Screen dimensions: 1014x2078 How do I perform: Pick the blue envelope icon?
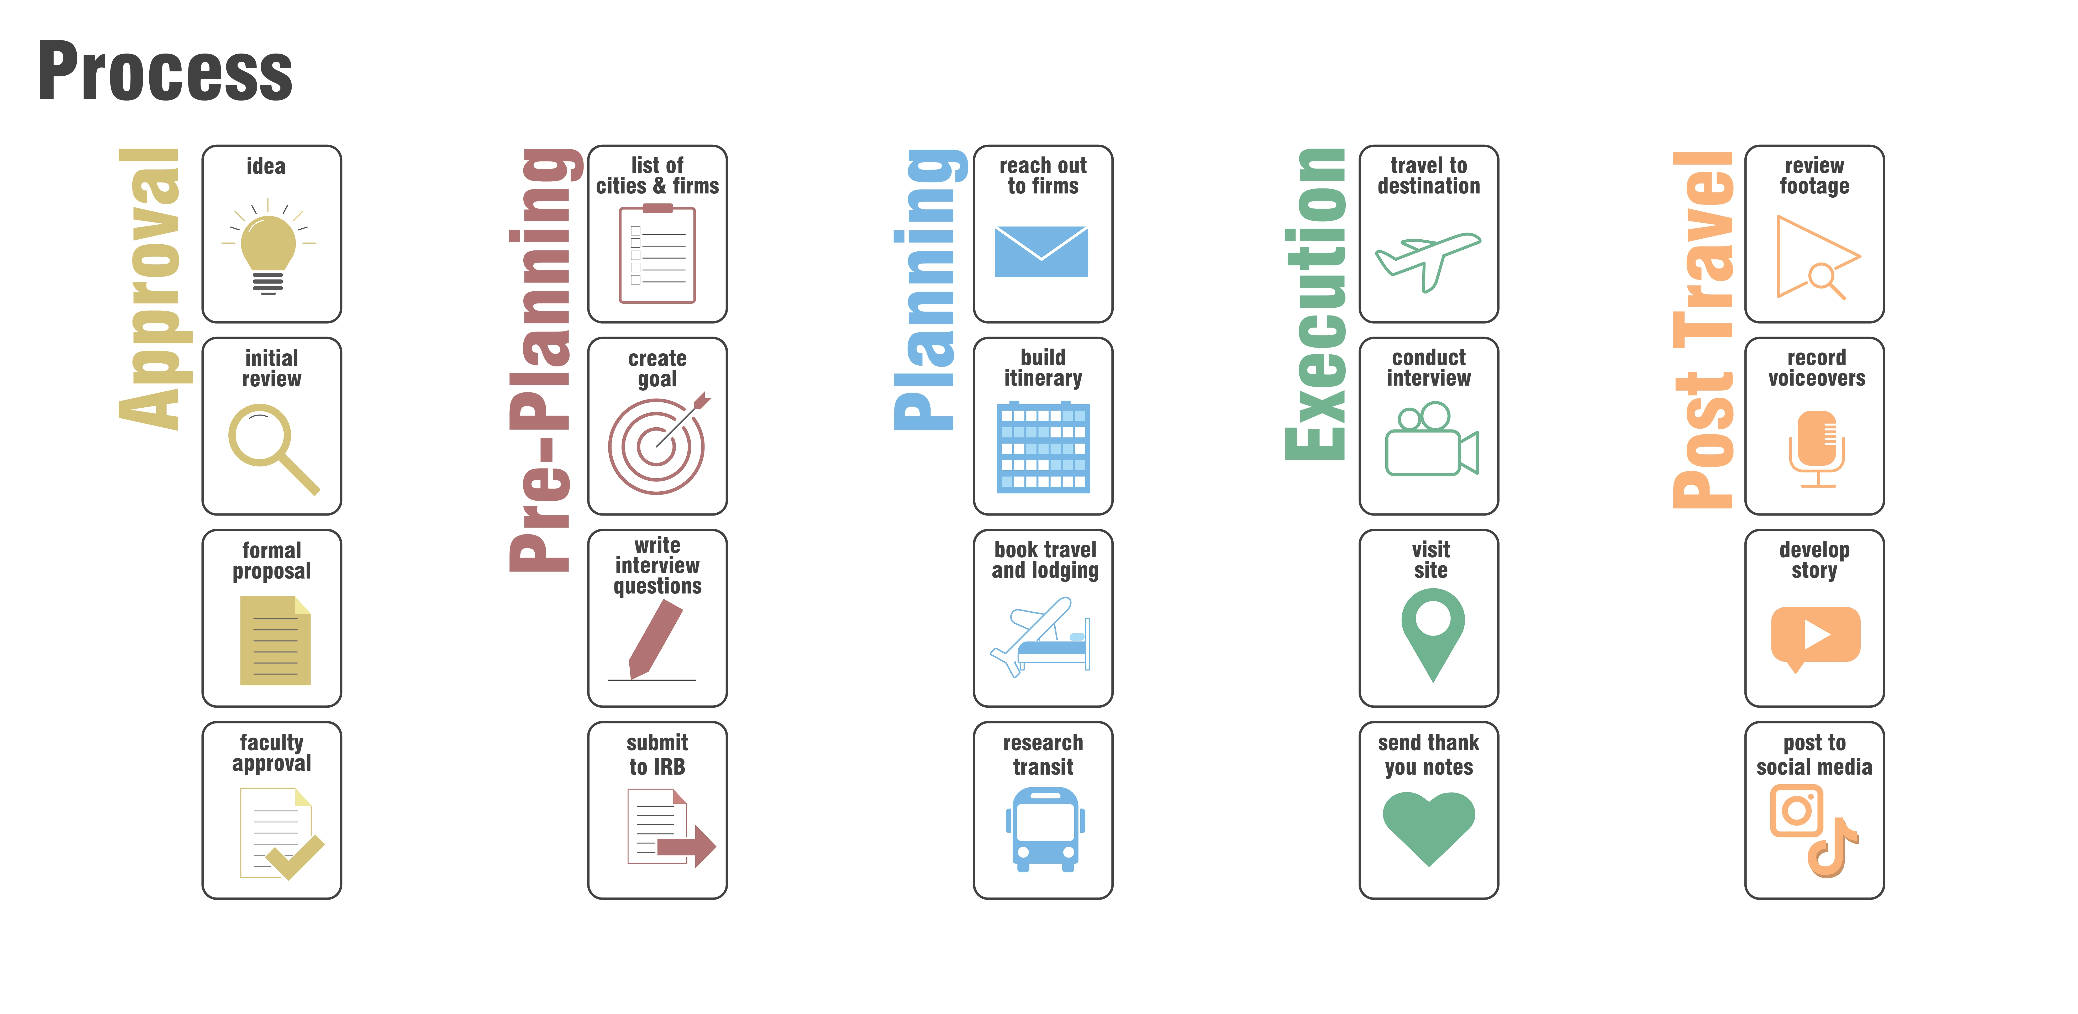1041,252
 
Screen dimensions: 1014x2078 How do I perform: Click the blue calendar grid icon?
1043,448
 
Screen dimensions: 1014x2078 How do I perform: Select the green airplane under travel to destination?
1428,260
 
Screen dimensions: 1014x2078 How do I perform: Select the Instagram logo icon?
1796,811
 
